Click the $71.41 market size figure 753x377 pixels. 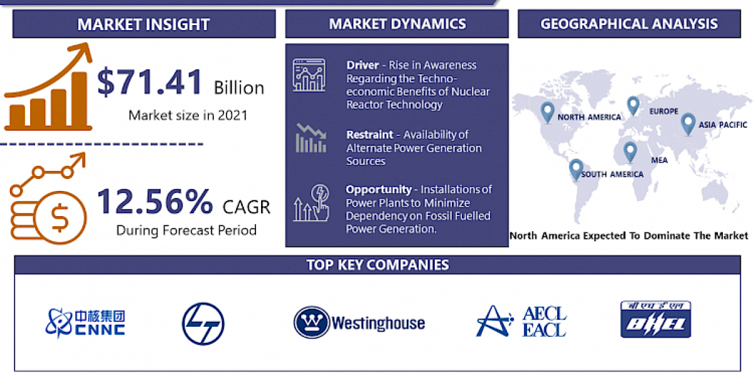click(151, 82)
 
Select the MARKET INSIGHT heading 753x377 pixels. click(143, 25)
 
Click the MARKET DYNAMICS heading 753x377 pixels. click(397, 25)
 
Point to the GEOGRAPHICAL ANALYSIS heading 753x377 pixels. click(629, 25)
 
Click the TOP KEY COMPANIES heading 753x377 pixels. click(377, 265)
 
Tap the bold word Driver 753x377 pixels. click(362, 65)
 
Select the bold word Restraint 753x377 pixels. click(370, 134)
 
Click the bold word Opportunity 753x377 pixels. click(378, 189)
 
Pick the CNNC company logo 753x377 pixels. click(85, 322)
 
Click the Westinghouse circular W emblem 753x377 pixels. click(312, 323)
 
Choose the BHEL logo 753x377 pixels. click(655, 319)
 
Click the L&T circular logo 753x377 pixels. click(203, 323)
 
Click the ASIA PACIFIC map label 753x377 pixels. click(724, 124)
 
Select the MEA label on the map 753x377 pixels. click(660, 160)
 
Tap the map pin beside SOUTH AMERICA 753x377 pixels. click(575, 169)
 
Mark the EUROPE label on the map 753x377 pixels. click(664, 111)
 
